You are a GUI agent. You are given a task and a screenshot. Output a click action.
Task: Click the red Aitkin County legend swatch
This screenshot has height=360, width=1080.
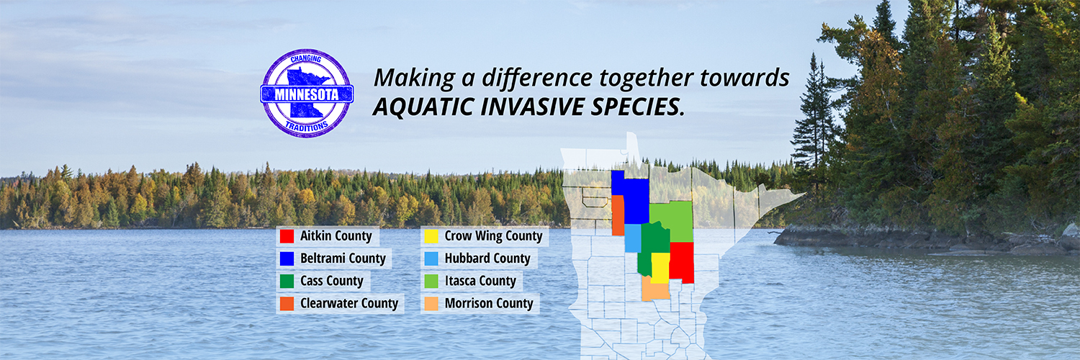(287, 236)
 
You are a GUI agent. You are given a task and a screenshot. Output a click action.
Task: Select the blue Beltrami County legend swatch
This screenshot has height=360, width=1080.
(287, 258)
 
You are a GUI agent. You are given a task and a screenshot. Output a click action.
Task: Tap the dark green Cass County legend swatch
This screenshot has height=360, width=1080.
(287, 281)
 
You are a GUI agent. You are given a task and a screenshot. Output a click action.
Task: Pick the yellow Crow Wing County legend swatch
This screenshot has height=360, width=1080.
(431, 236)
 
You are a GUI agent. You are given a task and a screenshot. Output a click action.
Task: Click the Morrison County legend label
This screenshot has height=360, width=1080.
(489, 304)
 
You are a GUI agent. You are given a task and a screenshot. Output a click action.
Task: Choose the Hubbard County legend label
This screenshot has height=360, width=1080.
(487, 258)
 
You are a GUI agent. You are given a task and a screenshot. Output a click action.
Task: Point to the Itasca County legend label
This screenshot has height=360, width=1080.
(480, 281)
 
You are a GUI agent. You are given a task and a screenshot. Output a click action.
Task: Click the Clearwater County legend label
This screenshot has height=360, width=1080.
(349, 304)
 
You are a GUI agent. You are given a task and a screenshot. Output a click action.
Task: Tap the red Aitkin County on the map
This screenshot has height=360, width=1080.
(682, 261)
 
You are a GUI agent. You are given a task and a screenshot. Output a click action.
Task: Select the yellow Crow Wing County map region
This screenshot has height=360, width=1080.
(660, 268)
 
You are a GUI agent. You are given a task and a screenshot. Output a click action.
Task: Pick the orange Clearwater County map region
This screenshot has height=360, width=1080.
(618, 215)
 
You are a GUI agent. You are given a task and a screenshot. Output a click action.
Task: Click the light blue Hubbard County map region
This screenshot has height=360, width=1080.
(633, 238)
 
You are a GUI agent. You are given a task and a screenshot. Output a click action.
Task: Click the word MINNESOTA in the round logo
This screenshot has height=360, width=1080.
(307, 94)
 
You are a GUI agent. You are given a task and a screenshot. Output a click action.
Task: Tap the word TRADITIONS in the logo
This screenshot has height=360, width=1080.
(307, 127)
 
